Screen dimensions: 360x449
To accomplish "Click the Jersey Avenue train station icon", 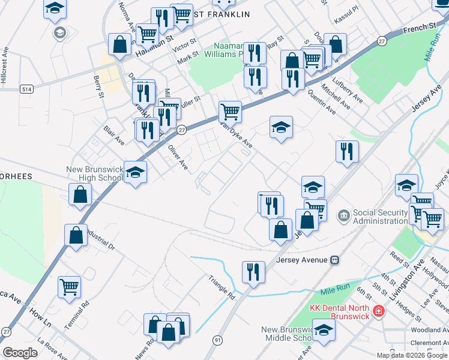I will (335, 260).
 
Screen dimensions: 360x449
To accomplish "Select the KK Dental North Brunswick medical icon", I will (378, 311).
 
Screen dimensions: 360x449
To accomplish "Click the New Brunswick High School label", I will (95, 175).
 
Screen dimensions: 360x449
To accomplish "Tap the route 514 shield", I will (26, 89).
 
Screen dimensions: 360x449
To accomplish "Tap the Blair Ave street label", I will (113, 136).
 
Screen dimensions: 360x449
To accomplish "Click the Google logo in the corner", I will (20, 353).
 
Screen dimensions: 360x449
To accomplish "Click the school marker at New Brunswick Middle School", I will (324, 330).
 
